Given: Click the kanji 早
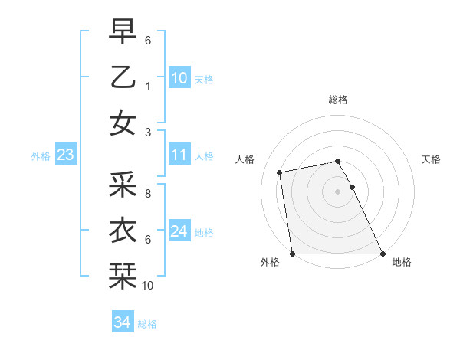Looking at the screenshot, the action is pyautogui.click(x=123, y=32).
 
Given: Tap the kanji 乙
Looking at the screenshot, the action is pyautogui.click(x=123, y=77).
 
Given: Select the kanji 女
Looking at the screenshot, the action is pyautogui.click(x=123, y=123).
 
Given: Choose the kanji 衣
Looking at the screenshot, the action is pyautogui.click(x=123, y=229).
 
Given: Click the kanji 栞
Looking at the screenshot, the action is pyautogui.click(x=123, y=274).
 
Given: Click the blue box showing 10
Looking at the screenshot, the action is pyautogui.click(x=179, y=78).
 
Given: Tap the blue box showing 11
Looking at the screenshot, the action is pyautogui.click(x=179, y=155).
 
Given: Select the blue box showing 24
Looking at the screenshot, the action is pyautogui.click(x=179, y=231).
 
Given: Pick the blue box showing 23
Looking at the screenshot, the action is pyautogui.click(x=66, y=155).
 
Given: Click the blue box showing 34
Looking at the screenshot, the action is pyautogui.click(x=122, y=322).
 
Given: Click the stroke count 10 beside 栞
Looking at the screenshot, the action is pyautogui.click(x=149, y=286).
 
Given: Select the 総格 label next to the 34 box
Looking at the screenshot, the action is pyautogui.click(x=148, y=324).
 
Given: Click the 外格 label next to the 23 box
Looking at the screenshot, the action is pyautogui.click(x=41, y=156).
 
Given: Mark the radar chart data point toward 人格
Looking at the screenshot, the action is pyautogui.click(x=281, y=172).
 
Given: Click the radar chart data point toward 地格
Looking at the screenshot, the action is pyautogui.click(x=383, y=254).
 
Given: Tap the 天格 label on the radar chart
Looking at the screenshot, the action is pyautogui.click(x=432, y=159).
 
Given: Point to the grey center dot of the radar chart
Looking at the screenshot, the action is pyautogui.click(x=337, y=191).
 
